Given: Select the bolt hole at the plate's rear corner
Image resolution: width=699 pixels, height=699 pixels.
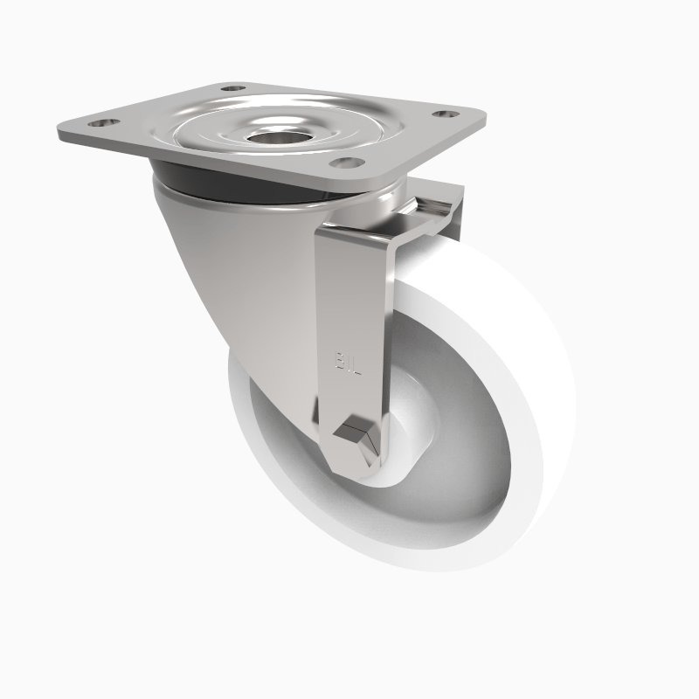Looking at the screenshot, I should [x=232, y=89].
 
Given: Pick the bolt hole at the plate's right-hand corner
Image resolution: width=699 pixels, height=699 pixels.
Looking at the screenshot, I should [x=446, y=114].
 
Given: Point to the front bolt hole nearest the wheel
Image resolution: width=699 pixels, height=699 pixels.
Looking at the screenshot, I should [x=348, y=163].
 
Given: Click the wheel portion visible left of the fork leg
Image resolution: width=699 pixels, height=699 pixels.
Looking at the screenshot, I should [x=262, y=419].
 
